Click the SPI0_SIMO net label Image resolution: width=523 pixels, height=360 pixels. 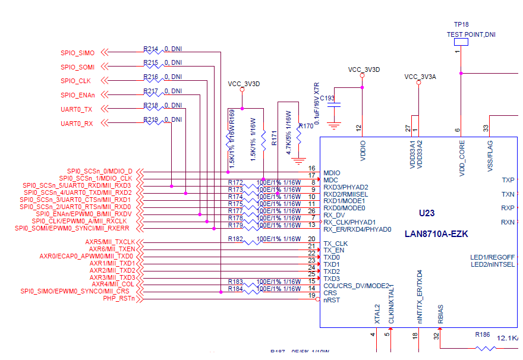pyautogui.click(x=77, y=53)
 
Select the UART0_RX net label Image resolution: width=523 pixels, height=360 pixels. pyautogui.click(x=77, y=124)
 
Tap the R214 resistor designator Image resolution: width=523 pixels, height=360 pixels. pyautogui.click(x=151, y=49)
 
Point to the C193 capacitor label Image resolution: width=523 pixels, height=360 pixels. pyautogui.click(x=327, y=98)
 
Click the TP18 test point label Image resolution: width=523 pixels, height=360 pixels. pyautogui.click(x=461, y=25)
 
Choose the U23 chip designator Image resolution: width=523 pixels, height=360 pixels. pyautogui.click(x=427, y=213)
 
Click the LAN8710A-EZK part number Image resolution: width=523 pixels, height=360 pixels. pyautogui.click(x=436, y=234)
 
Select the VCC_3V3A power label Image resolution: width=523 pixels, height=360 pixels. pyautogui.click(x=420, y=77)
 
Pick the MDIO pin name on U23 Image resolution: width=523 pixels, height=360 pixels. pyautogui.click(x=332, y=173)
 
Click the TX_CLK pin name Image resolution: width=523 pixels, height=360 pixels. pyautogui.click(x=336, y=244)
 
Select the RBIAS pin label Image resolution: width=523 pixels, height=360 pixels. pyautogui.click(x=440, y=315)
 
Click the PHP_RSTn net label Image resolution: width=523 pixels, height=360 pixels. pyautogui.click(x=119, y=298)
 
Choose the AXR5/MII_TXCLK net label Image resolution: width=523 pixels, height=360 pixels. pyautogui.click(x=110, y=242)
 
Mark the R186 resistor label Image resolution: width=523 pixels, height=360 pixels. pyautogui.click(x=483, y=335)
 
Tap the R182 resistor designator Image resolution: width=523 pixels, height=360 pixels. pyautogui.click(x=236, y=239)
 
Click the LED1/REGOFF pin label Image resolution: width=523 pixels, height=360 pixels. pyautogui.click(x=493, y=257)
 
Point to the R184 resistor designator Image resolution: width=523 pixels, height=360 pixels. pyautogui.click(x=236, y=289)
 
